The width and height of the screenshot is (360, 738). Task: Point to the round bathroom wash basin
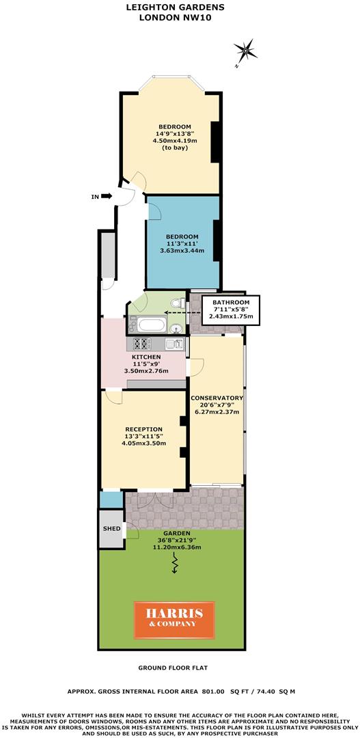(176, 327)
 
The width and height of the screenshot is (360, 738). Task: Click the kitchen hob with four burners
(145, 344)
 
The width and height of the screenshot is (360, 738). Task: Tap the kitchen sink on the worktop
(176, 344)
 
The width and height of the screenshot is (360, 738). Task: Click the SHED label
(111, 529)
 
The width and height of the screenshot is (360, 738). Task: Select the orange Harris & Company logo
(173, 618)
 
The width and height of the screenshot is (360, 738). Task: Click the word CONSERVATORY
(217, 398)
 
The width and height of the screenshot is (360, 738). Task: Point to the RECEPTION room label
(143, 429)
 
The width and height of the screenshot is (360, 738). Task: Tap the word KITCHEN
(146, 357)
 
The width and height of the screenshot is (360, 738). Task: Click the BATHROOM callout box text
(231, 302)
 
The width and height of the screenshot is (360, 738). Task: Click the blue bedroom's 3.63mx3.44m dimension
(182, 251)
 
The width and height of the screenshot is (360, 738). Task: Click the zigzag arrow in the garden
(175, 564)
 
